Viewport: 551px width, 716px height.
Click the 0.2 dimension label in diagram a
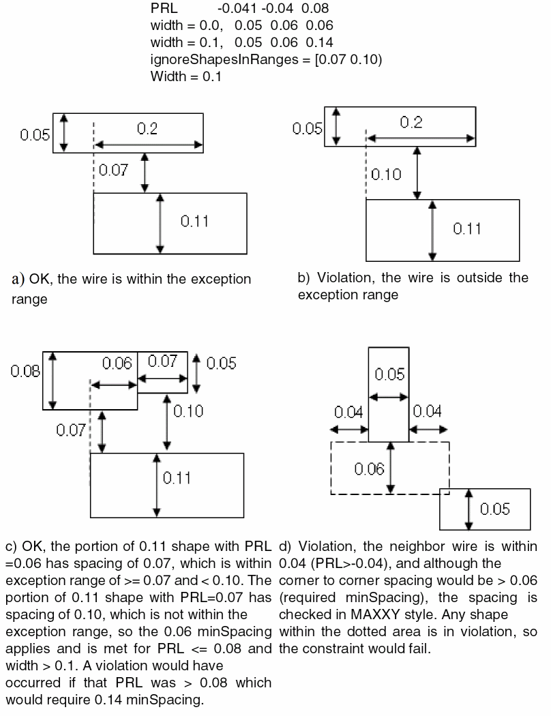pyautogui.click(x=147, y=130)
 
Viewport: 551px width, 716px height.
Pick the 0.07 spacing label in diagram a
pyautogui.click(x=113, y=170)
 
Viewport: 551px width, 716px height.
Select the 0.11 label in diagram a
pyautogui.click(x=194, y=221)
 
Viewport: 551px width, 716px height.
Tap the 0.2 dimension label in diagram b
pyautogui.click(x=411, y=122)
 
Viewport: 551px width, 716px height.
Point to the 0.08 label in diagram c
pyautogui.click(x=25, y=371)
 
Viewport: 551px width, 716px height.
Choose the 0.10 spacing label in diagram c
pyautogui.click(x=188, y=411)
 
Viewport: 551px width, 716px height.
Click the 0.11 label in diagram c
pyautogui.click(x=177, y=478)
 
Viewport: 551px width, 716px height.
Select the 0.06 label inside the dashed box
pyautogui.click(x=369, y=468)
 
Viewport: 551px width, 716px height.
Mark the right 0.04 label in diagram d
pyautogui.click(x=428, y=411)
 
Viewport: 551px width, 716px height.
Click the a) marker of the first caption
pyautogui.click(x=18, y=279)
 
